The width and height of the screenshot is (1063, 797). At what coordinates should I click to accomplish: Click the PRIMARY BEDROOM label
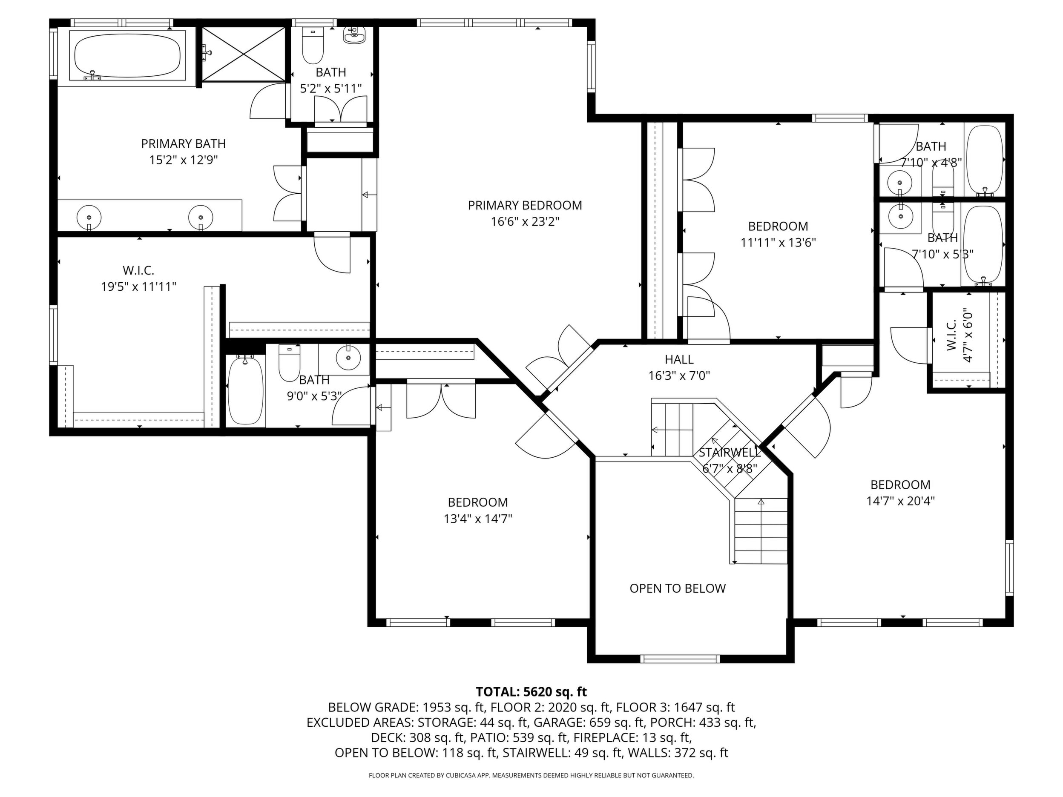(x=525, y=206)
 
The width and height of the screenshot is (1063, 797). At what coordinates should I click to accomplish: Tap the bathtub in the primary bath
(x=127, y=55)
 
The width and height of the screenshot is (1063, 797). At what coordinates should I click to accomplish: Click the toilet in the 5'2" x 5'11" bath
(x=312, y=46)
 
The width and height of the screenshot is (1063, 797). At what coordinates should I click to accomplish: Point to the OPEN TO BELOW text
(x=678, y=588)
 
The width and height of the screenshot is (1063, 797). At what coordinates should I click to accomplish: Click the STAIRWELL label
(x=730, y=452)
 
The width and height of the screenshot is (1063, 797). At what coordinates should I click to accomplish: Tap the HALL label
(x=679, y=359)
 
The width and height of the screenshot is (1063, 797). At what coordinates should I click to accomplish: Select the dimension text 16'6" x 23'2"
(x=525, y=222)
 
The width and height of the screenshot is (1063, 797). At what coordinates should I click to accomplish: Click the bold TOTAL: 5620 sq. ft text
(x=531, y=692)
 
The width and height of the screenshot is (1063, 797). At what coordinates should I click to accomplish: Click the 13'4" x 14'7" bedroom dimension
(x=478, y=519)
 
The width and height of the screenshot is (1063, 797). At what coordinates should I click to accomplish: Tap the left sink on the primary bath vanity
(x=89, y=217)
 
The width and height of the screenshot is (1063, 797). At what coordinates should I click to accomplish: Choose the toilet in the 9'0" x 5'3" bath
(x=289, y=363)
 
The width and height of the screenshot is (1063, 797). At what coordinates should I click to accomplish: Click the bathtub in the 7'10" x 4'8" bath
(x=985, y=160)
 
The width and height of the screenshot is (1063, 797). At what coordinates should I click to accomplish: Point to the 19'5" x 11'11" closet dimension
(x=138, y=287)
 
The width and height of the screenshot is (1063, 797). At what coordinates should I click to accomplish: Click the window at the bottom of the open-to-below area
(x=681, y=659)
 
